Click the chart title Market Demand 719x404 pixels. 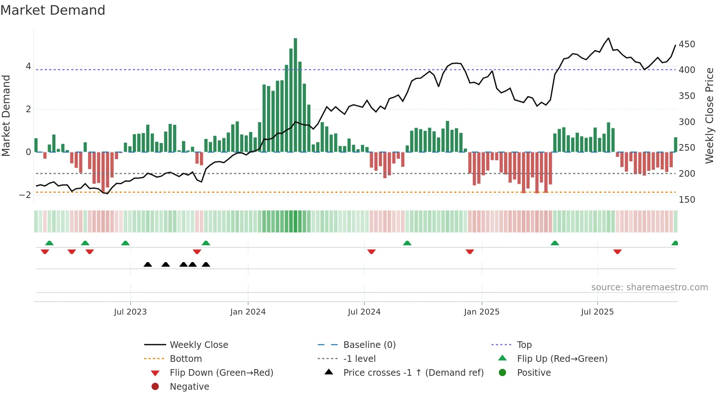tap(53, 10)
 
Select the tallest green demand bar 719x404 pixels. tap(295, 95)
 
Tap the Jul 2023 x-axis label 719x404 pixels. tap(130, 312)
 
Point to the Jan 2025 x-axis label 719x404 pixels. tap(481, 312)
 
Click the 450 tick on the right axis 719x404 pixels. tap(687, 44)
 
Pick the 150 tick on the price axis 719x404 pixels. tap(687, 200)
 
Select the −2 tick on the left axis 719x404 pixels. tap(25, 195)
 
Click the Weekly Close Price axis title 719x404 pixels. tap(709, 115)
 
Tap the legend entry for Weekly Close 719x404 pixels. tap(198, 345)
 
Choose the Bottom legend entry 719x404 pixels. tap(186, 359)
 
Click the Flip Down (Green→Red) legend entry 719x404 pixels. tap(221, 373)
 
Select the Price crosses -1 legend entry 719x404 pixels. tap(413, 373)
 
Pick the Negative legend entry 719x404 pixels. tap(189, 387)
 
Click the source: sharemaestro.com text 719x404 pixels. tap(649, 287)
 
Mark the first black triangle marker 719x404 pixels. tap(148, 265)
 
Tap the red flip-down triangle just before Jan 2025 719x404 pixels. tap(470, 251)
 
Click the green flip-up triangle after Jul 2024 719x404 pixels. tap(407, 243)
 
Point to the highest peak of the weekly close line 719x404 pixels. tap(609, 38)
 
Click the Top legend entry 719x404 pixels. tap(524, 345)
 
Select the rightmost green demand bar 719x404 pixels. tap(675, 145)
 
